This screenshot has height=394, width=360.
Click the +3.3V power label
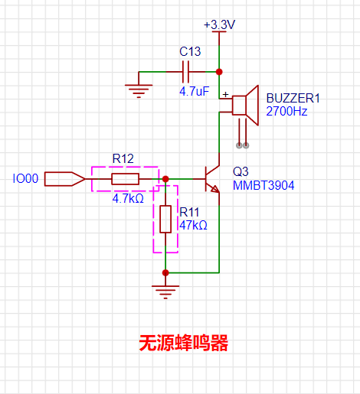click(219, 24)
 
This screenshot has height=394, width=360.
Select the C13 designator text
click(190, 51)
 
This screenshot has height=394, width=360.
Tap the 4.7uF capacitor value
click(194, 91)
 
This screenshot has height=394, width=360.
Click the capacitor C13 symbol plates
click(185, 72)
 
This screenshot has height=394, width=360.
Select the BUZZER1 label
click(292, 99)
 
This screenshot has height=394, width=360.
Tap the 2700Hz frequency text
click(286, 111)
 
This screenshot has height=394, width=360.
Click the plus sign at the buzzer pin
click(225, 94)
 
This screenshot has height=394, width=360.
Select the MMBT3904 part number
click(263, 186)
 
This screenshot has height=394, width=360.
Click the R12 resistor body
click(125, 179)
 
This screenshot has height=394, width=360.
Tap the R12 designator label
click(123, 158)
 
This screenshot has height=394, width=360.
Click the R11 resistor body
click(165, 220)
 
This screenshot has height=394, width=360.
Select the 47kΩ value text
click(193, 226)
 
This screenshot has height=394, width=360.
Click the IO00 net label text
click(25, 179)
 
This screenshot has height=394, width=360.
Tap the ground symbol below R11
click(165, 288)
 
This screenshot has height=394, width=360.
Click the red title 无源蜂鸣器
click(183, 344)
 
